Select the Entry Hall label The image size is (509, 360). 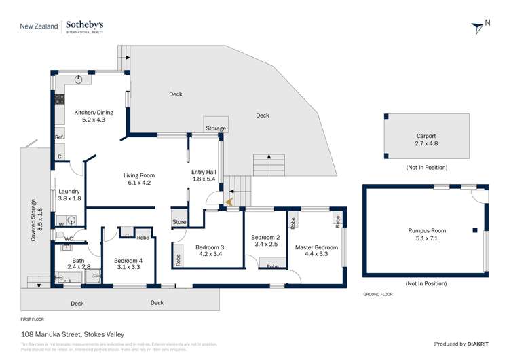click(204, 175)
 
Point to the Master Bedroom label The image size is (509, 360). click(316, 251)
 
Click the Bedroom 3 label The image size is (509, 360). click(208, 251)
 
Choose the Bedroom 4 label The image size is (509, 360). click(128, 264)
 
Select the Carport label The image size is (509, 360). click(426, 139)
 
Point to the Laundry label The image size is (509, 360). click(70, 195)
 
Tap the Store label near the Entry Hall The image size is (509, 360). click(179, 222)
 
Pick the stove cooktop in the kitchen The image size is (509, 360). click(59, 99)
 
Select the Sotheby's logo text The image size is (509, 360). click(86, 26)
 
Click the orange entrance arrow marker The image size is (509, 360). click(229, 202)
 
